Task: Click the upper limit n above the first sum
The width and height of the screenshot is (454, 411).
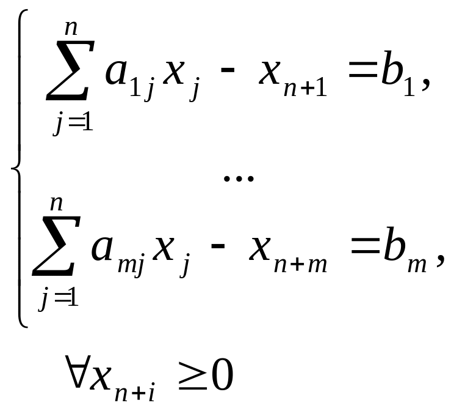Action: coord(73,29)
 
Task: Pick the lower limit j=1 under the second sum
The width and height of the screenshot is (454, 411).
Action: coord(57,298)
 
